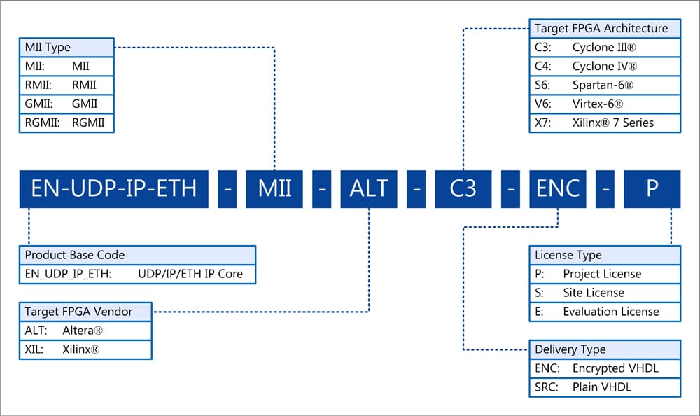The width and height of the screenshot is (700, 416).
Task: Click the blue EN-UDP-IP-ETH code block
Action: [x=113, y=188]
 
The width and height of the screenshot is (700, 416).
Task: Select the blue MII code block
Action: [x=274, y=188]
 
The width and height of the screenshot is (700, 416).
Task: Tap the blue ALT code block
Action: [x=369, y=188]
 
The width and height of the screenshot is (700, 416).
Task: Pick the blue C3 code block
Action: [x=463, y=188]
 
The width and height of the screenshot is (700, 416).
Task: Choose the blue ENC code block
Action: [x=557, y=188]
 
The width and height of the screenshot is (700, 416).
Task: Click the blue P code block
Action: [x=652, y=188]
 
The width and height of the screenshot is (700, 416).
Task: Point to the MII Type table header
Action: [x=66, y=48]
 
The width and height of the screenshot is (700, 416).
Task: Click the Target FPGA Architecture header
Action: [x=605, y=29]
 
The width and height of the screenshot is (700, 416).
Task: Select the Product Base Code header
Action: [x=137, y=255]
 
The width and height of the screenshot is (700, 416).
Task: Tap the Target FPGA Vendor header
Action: [x=86, y=312]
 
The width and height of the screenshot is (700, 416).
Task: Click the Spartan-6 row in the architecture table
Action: [x=605, y=85]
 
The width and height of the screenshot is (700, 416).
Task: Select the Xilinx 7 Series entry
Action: [x=605, y=123]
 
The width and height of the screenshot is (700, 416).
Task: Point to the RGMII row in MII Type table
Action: [x=66, y=123]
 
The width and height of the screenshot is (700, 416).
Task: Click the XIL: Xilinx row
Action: [x=86, y=349]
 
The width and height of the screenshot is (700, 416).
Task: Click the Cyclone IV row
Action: [x=605, y=66]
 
